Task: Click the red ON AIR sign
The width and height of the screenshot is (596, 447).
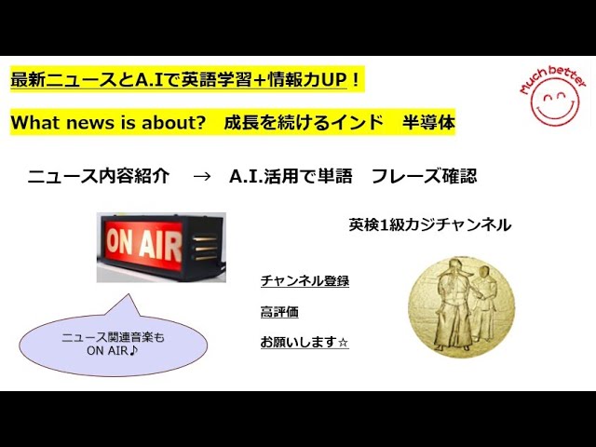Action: pos(161,247)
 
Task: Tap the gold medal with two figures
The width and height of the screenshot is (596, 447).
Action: pos(461,306)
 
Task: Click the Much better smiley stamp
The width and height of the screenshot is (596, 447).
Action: pos(553,96)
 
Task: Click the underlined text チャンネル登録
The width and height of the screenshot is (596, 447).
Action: pos(305,281)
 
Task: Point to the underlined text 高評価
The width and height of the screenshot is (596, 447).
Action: pos(279,312)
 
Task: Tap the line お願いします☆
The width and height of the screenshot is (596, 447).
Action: pos(305,342)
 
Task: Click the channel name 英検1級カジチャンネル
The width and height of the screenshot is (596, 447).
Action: pos(430,224)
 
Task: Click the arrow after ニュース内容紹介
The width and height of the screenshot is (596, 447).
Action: pos(202,176)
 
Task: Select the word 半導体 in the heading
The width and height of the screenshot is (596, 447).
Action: pos(428,122)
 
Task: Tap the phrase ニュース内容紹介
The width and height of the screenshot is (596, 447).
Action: pos(99,176)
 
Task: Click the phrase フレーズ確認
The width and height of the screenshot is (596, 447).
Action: pos(424,176)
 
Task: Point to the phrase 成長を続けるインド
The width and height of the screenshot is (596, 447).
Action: pos(304,122)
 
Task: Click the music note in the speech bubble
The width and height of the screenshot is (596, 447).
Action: pos(133,350)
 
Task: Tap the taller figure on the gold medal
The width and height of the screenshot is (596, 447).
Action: pos(451,305)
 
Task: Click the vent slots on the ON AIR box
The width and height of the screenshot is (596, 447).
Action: pos(205,249)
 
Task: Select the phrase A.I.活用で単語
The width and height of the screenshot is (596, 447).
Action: pos(291,176)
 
